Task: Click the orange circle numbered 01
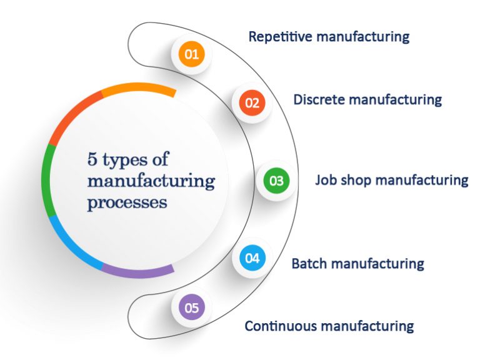coord(192,54)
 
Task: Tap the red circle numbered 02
coord(252,103)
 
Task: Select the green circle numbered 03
coord(276,181)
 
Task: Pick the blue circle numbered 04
coord(252,257)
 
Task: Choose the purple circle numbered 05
coord(192,307)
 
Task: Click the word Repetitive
coord(279,36)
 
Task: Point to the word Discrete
coord(318,99)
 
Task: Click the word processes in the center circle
coord(127,203)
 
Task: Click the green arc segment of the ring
coord(46,181)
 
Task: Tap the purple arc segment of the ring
coord(137,272)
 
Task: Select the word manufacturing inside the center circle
coord(151,182)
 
